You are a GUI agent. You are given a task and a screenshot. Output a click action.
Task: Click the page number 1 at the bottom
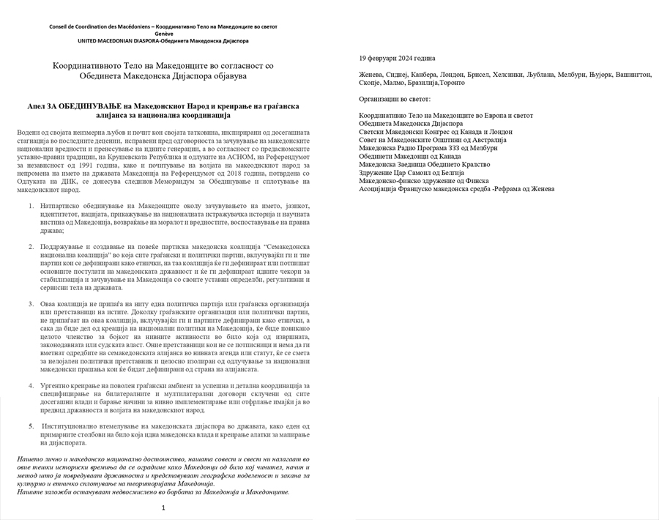pos(163,508)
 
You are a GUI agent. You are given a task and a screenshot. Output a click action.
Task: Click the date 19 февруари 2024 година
pos(397,58)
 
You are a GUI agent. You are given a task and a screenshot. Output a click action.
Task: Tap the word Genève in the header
pos(163,34)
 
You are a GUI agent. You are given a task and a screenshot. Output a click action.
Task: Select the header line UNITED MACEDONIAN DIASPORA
pos(163,41)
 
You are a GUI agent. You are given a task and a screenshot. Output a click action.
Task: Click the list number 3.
pos(31,303)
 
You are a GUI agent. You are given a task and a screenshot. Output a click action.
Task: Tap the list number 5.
pos(31,426)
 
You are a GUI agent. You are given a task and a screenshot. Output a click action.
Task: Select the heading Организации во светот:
pos(395,98)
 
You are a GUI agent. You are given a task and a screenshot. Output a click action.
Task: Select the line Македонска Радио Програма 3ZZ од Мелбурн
pos(428,148)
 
